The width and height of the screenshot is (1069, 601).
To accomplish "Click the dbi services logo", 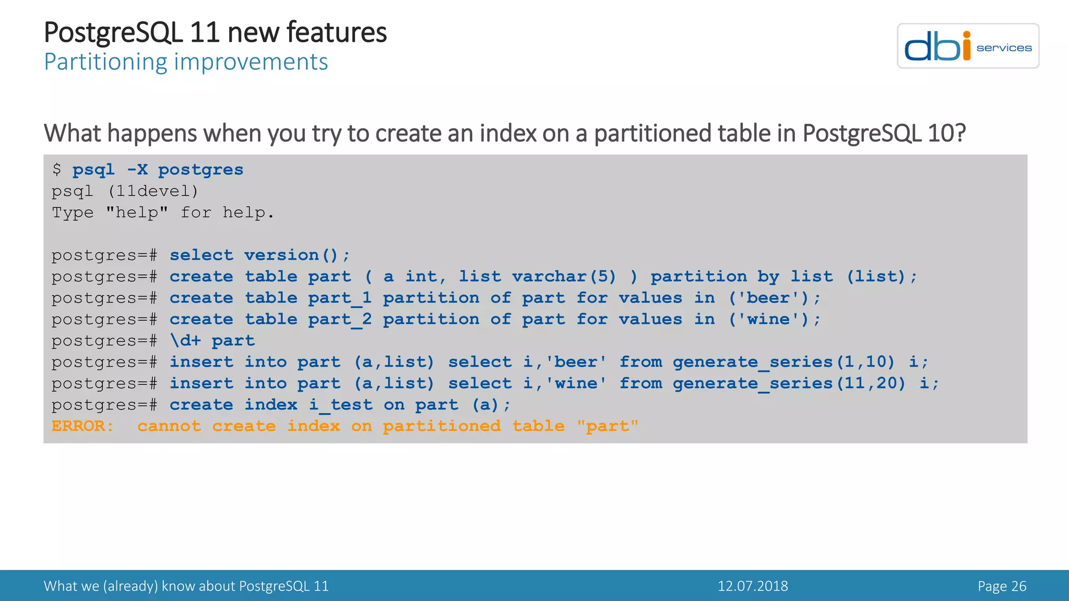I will click(x=968, y=46).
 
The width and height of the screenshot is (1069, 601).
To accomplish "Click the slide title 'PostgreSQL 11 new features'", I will click(x=215, y=32).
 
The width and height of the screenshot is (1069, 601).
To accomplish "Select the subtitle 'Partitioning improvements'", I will click(x=186, y=62).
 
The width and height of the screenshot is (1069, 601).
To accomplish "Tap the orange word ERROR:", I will click(x=82, y=426).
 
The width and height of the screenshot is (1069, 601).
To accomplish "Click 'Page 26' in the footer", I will click(x=1002, y=586).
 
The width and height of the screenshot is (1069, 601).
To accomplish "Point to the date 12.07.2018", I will click(x=752, y=586).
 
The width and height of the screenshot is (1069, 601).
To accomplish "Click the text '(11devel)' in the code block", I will click(x=153, y=191).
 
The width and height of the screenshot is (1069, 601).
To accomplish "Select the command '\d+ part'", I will click(x=212, y=341).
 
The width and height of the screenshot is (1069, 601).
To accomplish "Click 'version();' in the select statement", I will click(x=297, y=255).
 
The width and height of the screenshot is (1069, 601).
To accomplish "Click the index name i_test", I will click(x=340, y=405).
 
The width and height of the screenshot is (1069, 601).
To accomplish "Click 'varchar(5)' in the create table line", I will click(x=564, y=277).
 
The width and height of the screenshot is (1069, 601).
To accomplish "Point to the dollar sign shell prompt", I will click(x=57, y=170).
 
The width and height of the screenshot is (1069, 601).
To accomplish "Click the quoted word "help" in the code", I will click(x=137, y=213).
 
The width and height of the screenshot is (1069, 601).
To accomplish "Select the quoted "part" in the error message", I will click(x=608, y=426).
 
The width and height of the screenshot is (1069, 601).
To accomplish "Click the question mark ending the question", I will click(x=960, y=133).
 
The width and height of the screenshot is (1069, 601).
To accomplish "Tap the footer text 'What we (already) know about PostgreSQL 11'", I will click(x=186, y=586).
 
